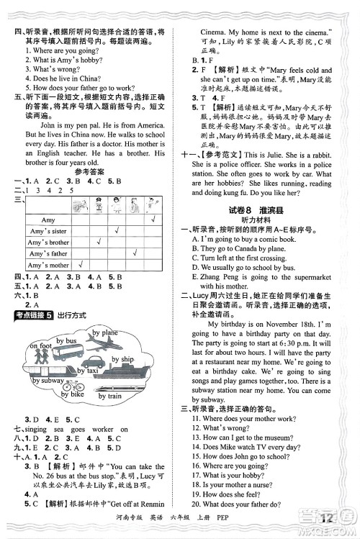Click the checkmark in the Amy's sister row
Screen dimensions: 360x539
tap(116, 231)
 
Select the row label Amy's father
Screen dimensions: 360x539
tap(49, 254)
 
